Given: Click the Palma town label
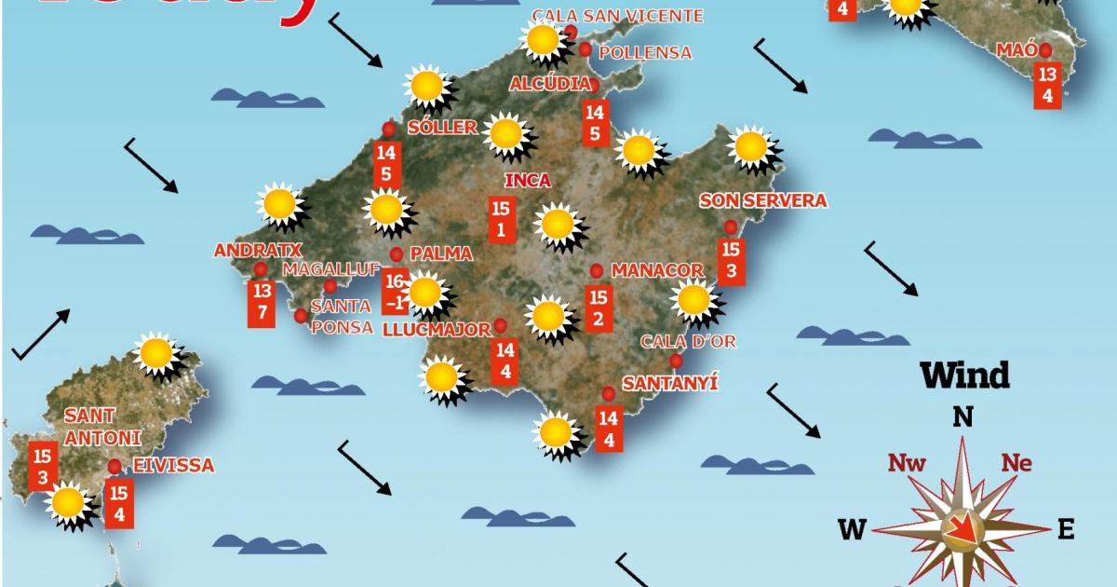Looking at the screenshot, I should click(441, 253).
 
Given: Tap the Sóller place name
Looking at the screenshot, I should click(442, 128).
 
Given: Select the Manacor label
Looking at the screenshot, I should click(657, 270).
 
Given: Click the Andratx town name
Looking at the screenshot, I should click(247, 251).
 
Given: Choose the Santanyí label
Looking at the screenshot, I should click(670, 383).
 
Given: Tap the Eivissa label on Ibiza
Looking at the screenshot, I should click(173, 465).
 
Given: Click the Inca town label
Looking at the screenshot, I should click(527, 181).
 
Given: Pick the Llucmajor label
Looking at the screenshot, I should click(437, 329).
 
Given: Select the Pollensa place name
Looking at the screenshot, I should click(646, 52).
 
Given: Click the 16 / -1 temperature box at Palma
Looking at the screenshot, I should click(396, 291).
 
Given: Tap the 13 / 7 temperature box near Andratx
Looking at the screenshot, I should click(262, 302).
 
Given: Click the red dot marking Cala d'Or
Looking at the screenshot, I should click(676, 361).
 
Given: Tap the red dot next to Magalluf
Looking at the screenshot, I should click(330, 286).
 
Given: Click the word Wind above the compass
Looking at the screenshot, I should click(965, 375).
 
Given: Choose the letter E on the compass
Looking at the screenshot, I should click(1066, 530).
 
